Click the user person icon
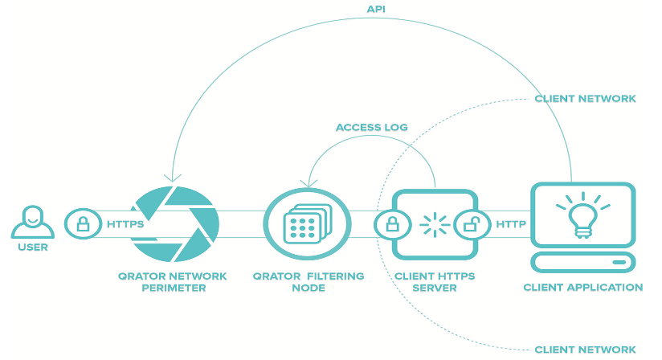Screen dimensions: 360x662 pos(32,222)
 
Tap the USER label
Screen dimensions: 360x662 pos(32,247)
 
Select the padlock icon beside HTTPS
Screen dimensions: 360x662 pos(83,223)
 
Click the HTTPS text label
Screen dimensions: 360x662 pos(125,224)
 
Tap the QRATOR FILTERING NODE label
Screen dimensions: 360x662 pos(309,281)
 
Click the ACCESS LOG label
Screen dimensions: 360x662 pos(371,127)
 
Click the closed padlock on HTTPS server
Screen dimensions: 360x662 pos(392,224)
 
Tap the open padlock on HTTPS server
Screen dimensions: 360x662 pos(472,224)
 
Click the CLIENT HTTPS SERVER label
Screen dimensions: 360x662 pos(435,281)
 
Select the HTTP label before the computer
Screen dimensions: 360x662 pos(511,224)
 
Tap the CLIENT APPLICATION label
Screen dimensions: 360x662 pos(582,287)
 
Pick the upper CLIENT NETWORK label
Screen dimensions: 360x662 pos(585,99)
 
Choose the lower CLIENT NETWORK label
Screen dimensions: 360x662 pos(585,350)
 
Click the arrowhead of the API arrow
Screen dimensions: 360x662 pos(170,178)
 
